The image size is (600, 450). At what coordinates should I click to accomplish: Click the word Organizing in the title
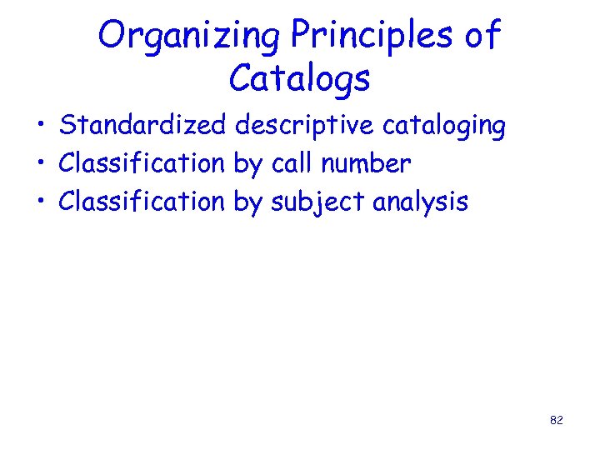tap(191, 37)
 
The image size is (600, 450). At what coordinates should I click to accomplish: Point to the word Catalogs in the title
tap(299, 79)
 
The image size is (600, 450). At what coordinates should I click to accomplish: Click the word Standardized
tap(142, 126)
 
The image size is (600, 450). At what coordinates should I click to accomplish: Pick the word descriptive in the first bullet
tap(305, 126)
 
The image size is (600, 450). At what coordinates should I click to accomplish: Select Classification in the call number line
tap(142, 163)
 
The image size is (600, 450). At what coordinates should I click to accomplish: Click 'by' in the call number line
tap(247, 165)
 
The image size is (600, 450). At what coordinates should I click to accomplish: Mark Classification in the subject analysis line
tap(142, 201)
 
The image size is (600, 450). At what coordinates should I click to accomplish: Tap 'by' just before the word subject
tap(247, 202)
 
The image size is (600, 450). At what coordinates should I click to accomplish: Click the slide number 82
tap(557, 421)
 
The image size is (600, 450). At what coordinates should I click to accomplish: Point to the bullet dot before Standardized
tap(40, 127)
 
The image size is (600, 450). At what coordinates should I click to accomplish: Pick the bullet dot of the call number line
tap(40, 165)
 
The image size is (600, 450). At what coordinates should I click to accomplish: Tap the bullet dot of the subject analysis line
tap(40, 202)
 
